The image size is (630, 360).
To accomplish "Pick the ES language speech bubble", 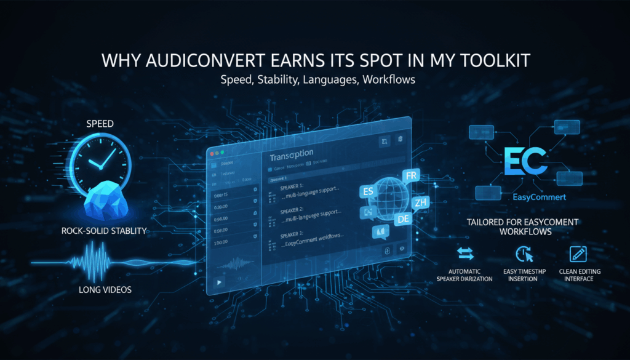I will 369,192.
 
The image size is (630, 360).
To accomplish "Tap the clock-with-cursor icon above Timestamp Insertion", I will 520,254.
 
